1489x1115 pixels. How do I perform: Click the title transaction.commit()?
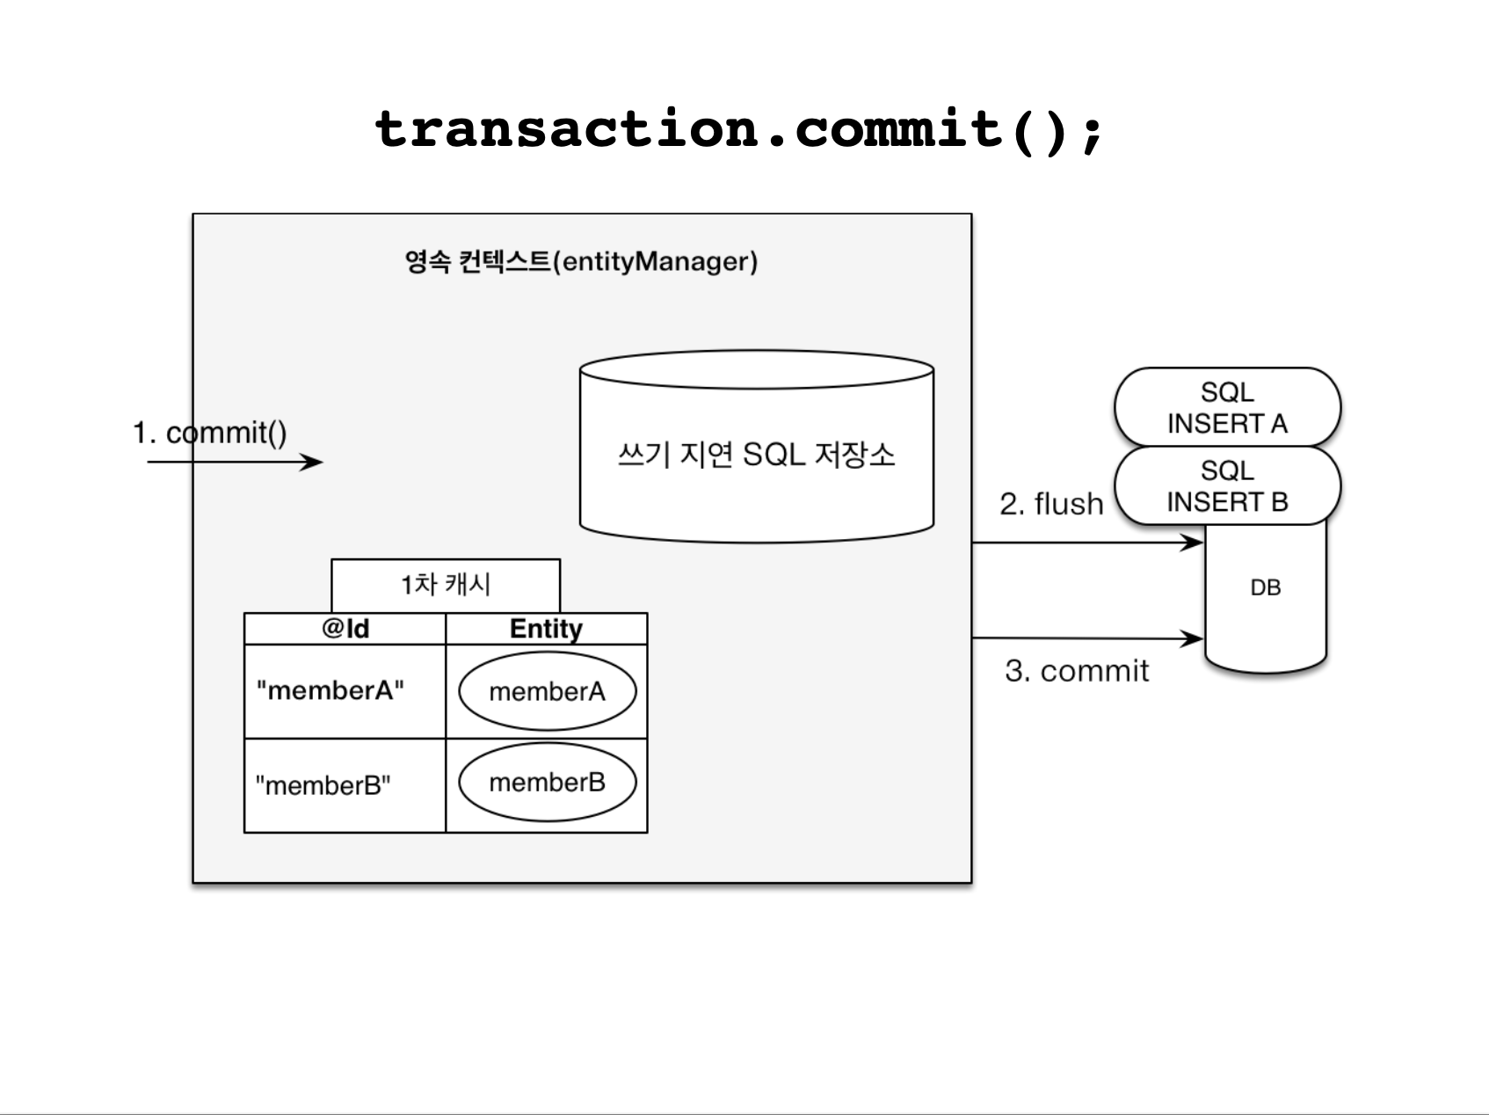click(738, 130)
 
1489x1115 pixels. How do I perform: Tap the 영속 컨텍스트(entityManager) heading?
click(581, 261)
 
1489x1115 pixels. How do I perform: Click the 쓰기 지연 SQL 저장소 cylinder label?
click(756, 455)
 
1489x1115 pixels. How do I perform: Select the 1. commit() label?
click(209, 433)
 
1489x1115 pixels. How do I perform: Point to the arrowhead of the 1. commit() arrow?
click(322, 462)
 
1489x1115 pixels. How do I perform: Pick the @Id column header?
click(345, 629)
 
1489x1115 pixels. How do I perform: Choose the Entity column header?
click(546, 629)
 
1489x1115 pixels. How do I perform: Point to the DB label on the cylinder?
click(1266, 587)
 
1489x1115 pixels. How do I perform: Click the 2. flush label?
click(1051, 504)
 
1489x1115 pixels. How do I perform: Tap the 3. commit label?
click(1077, 671)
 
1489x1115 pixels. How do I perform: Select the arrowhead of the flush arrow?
click(1201, 543)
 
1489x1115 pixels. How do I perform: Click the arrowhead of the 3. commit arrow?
click(1201, 638)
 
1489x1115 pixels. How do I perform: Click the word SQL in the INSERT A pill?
click(1227, 392)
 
